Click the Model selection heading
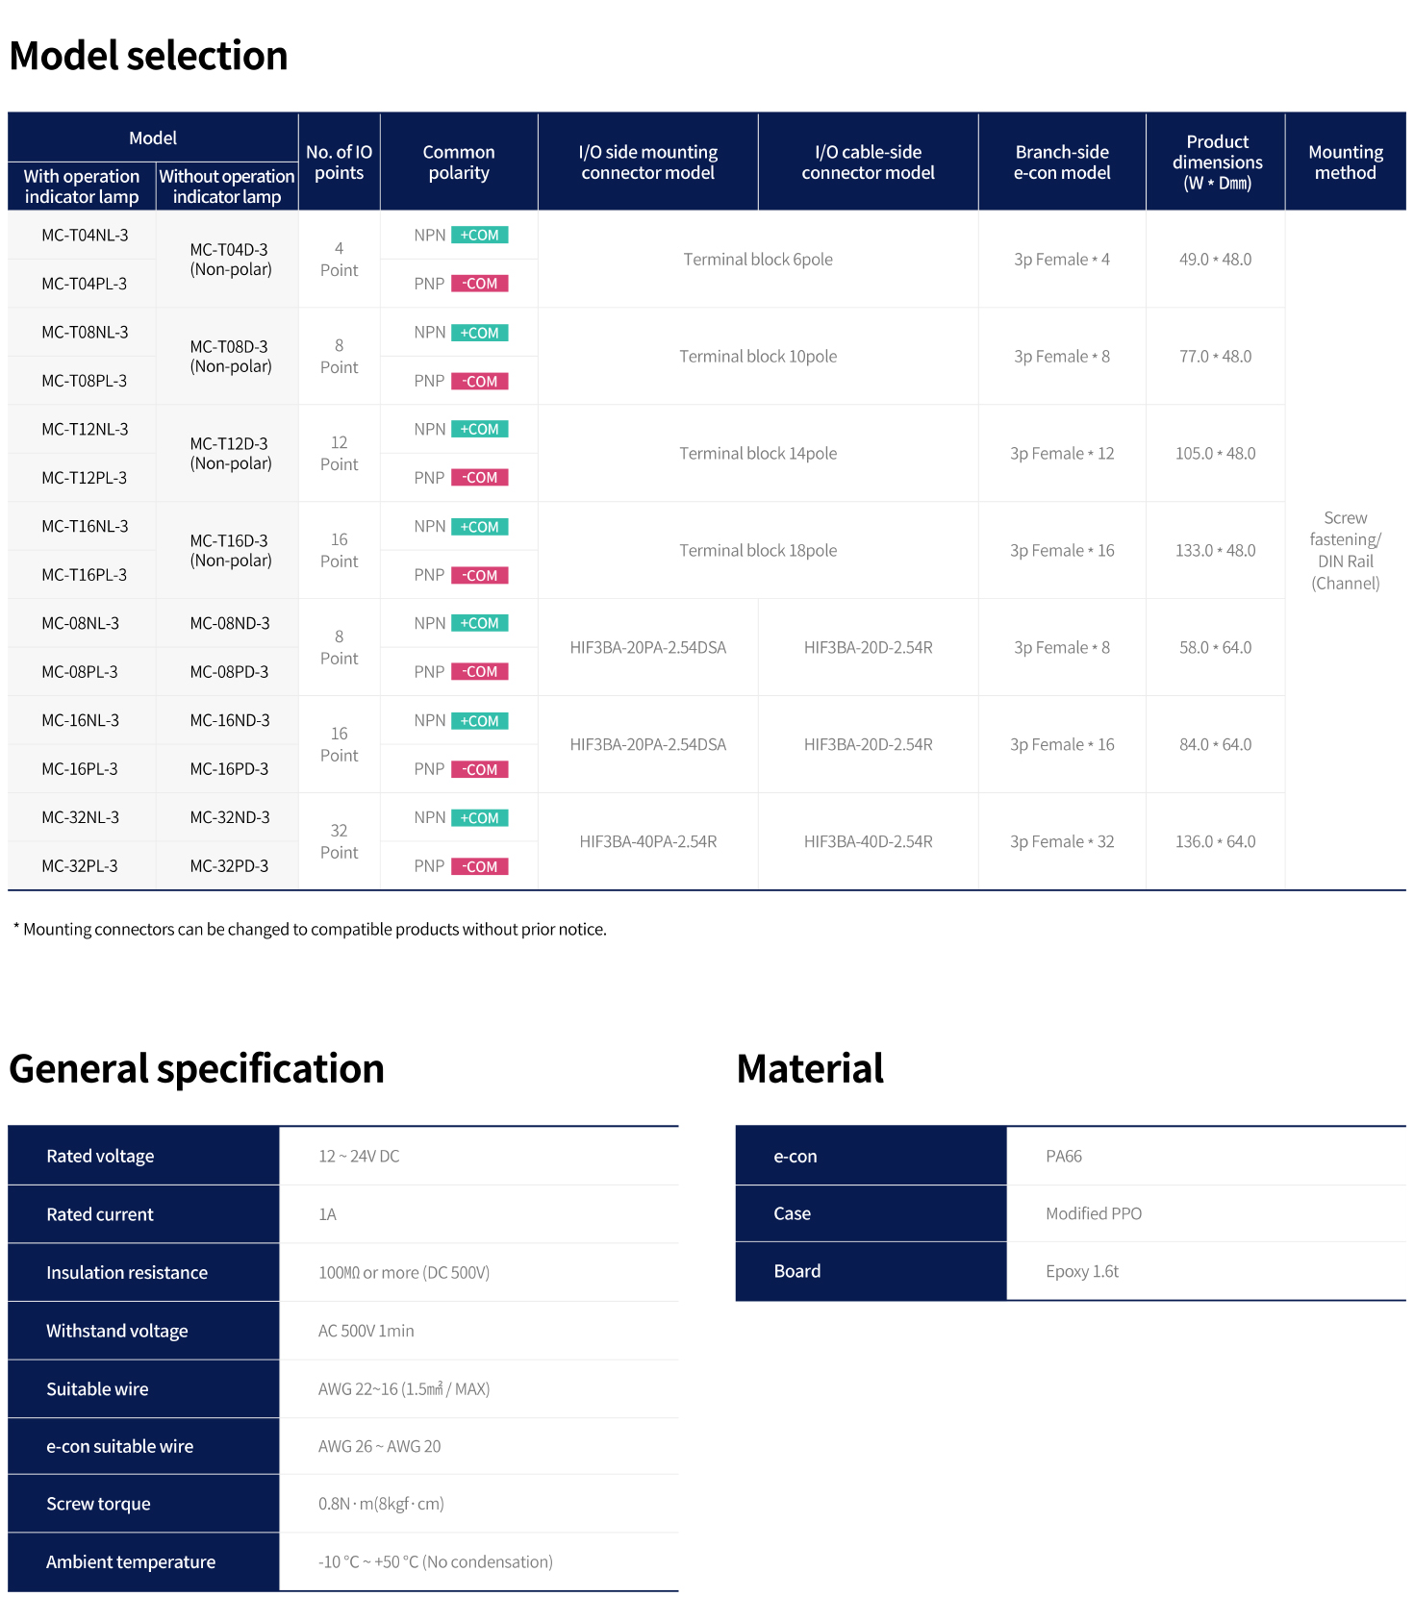point(149,56)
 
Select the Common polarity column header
point(459,162)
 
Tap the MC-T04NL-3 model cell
point(85,236)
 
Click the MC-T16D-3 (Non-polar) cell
point(230,550)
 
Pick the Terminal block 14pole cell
point(758,454)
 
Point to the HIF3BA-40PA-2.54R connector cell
point(647,842)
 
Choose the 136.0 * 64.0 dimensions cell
point(1215,842)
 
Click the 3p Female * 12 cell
point(1062,454)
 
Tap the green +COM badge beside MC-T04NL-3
point(479,236)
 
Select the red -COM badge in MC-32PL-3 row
point(479,866)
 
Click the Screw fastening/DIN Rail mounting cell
point(1345,550)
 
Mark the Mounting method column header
point(1345,162)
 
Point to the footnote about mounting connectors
point(310,930)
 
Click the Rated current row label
point(100,1214)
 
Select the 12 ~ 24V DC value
point(359,1157)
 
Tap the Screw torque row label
point(98,1504)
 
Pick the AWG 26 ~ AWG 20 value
point(379,1446)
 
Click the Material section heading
point(810,1069)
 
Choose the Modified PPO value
point(1094,1213)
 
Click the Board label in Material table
point(797,1271)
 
